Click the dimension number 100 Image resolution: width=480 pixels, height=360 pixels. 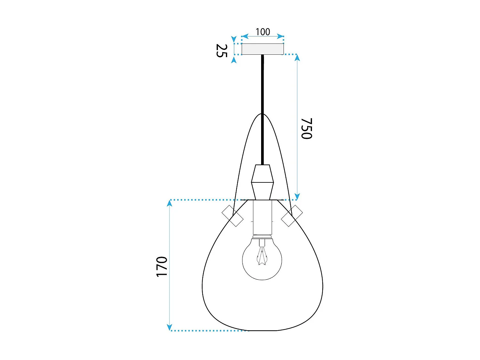point(263,32)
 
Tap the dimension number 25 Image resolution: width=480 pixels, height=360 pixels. point(221,51)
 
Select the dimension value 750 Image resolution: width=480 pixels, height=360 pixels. point(306,128)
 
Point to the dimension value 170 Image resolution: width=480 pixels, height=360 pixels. point(162,267)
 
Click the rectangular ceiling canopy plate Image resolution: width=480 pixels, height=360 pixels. point(262,49)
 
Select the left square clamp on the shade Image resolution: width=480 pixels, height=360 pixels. point(233,216)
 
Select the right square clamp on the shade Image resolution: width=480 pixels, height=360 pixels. point(292,216)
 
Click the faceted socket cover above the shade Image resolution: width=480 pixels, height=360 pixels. point(262,182)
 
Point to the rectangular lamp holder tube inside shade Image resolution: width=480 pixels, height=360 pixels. point(262,218)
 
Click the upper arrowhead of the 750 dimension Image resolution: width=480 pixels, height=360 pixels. point(297,58)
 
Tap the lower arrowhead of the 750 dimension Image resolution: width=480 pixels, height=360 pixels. point(297,196)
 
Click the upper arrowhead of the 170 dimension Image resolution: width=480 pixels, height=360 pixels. point(170,203)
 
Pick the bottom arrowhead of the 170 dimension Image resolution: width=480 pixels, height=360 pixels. point(170,327)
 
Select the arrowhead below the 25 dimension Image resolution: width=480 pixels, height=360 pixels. point(234,60)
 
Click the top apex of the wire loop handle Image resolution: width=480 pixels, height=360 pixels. point(262,114)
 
